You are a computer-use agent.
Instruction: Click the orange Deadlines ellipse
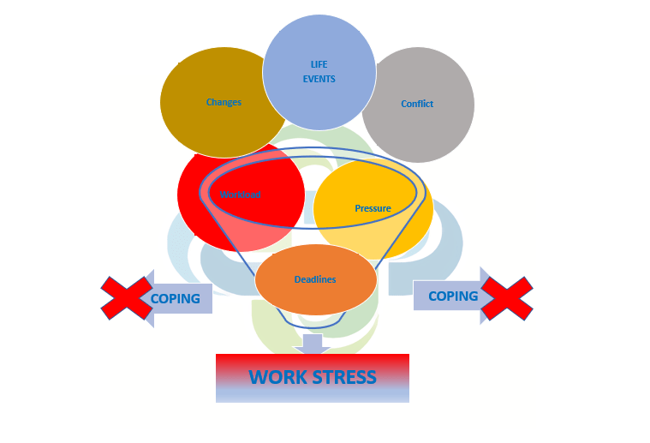[316, 279]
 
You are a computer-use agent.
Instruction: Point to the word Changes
[224, 102]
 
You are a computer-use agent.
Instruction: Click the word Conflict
[417, 104]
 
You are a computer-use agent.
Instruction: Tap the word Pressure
[373, 208]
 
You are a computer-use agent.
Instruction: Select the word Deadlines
[315, 279]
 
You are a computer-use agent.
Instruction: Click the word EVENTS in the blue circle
[319, 79]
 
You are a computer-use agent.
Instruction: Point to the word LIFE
[319, 64]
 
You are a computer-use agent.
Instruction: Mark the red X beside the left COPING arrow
[127, 297]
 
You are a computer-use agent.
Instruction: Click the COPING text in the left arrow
[176, 299]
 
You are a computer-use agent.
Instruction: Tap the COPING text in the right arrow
[453, 296]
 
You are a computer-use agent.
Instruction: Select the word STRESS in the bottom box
[344, 377]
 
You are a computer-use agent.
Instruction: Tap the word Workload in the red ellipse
[240, 195]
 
